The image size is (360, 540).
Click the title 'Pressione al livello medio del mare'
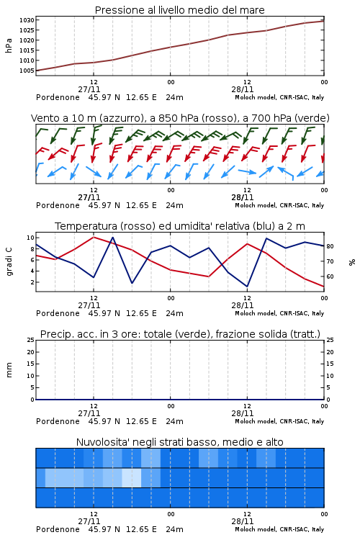click(x=179, y=10)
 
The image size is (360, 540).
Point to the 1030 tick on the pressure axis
click(x=27, y=20)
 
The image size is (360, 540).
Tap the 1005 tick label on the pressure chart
click(x=27, y=71)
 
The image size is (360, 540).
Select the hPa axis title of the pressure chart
click(x=9, y=45)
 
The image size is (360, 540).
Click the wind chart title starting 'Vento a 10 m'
click(x=180, y=118)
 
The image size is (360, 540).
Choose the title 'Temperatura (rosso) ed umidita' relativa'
click(x=180, y=226)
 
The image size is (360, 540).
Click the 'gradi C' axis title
click(x=9, y=262)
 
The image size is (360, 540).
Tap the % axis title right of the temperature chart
click(x=352, y=262)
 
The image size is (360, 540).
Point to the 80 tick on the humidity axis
click(x=330, y=246)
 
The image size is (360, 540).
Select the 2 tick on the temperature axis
click(x=32, y=282)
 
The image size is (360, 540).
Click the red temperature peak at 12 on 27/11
click(x=94, y=237)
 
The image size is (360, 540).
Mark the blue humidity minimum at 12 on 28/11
click(x=247, y=286)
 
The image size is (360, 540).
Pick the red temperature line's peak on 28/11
click(x=247, y=244)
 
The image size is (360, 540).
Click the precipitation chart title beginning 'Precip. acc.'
click(x=180, y=334)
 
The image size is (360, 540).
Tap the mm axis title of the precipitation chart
click(x=9, y=370)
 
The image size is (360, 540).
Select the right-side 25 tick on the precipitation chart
click(x=330, y=340)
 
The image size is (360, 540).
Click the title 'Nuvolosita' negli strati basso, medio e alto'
click(x=179, y=442)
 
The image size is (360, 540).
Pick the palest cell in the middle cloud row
click(x=132, y=477)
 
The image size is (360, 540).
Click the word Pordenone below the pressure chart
click(x=58, y=97)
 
